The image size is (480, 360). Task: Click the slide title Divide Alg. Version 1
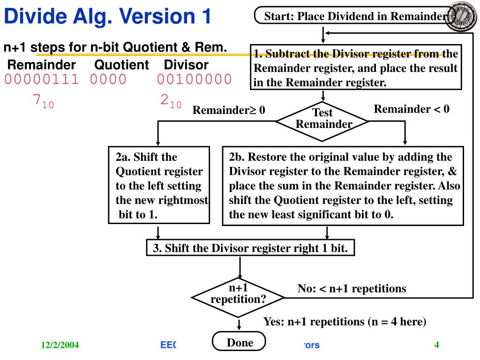[x=107, y=17]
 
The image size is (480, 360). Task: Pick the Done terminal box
[x=240, y=343]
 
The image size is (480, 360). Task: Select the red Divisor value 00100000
[x=194, y=80]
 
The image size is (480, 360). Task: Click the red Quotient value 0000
[x=108, y=80]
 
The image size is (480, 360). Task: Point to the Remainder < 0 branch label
[x=412, y=109]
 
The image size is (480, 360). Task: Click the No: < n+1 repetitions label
[x=352, y=289]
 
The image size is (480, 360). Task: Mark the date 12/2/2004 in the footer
[x=60, y=346]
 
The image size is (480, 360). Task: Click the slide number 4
[x=436, y=345]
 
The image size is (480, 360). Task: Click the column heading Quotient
[x=122, y=65]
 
